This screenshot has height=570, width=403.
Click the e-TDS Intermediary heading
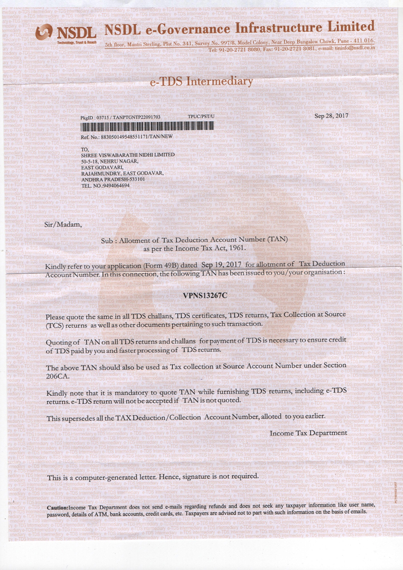point(201,81)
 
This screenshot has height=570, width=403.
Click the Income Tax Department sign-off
point(308,433)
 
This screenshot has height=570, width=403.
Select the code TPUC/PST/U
point(201,116)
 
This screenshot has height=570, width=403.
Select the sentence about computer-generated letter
point(153,476)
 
